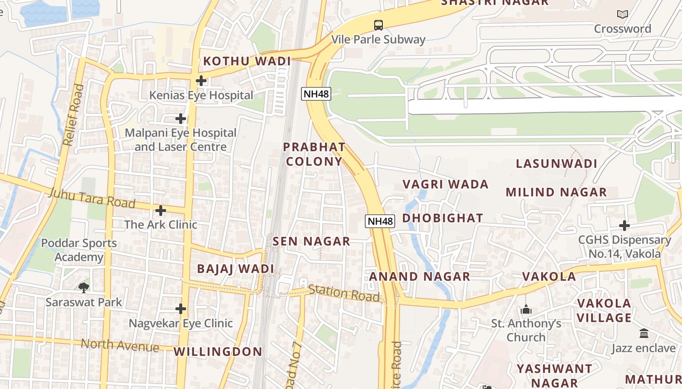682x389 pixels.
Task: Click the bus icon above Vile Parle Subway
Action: [378, 25]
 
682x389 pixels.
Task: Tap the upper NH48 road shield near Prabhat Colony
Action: [316, 94]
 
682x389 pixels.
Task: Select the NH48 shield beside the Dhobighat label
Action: [379, 221]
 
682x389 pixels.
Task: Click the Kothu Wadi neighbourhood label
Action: [247, 61]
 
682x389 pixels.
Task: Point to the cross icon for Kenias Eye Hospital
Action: [201, 81]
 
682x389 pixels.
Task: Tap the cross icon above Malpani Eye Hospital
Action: [181, 119]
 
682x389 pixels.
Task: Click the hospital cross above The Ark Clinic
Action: [161, 211]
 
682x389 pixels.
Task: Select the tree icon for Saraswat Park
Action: [84, 287]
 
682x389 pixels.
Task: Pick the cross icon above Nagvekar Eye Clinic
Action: [181, 309]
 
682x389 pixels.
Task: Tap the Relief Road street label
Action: [74, 115]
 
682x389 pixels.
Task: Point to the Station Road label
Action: [344, 293]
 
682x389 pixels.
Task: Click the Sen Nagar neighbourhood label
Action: [311, 241]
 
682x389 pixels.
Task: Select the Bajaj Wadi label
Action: [235, 269]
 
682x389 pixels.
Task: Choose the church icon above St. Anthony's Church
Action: [526, 309]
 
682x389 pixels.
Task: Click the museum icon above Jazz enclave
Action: [644, 334]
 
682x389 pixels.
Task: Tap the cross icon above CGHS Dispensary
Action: [625, 226]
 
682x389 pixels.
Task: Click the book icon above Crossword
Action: [623, 15]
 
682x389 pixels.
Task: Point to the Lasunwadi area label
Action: [556, 163]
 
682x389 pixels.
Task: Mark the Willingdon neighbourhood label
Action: [218, 352]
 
